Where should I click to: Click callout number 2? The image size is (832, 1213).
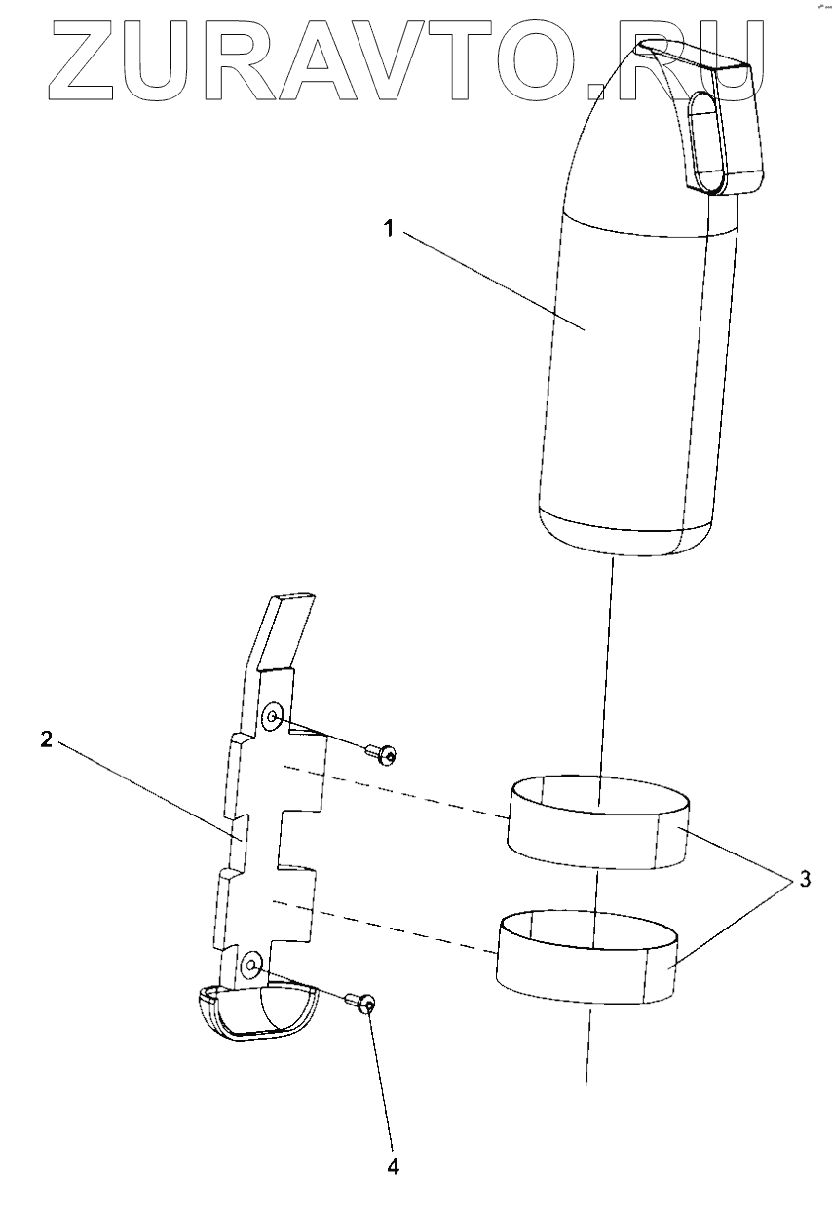[x=46, y=739]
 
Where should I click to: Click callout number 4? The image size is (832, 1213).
[x=394, y=1165]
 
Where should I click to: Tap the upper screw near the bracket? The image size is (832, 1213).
[x=384, y=753]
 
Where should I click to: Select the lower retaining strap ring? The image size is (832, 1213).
[x=588, y=960]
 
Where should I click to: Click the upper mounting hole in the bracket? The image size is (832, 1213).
[x=274, y=718]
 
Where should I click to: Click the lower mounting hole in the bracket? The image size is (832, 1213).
[x=252, y=967]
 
